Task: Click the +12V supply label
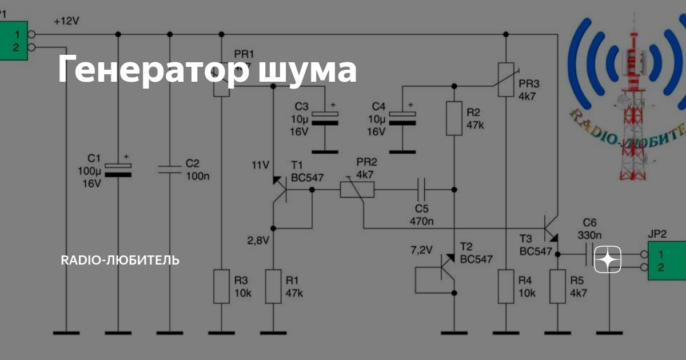(x=66, y=21)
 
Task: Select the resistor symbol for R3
(x=221, y=286)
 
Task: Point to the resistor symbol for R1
(x=273, y=286)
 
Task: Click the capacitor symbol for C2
(x=169, y=169)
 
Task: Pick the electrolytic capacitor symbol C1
(x=118, y=169)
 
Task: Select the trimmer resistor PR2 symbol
(x=357, y=189)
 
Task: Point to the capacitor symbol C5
(x=421, y=189)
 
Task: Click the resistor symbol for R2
(x=454, y=118)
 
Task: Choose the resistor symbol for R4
(x=506, y=286)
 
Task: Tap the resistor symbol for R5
(x=557, y=286)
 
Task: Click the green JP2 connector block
(x=667, y=261)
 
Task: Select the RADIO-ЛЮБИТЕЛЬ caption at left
(x=120, y=261)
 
